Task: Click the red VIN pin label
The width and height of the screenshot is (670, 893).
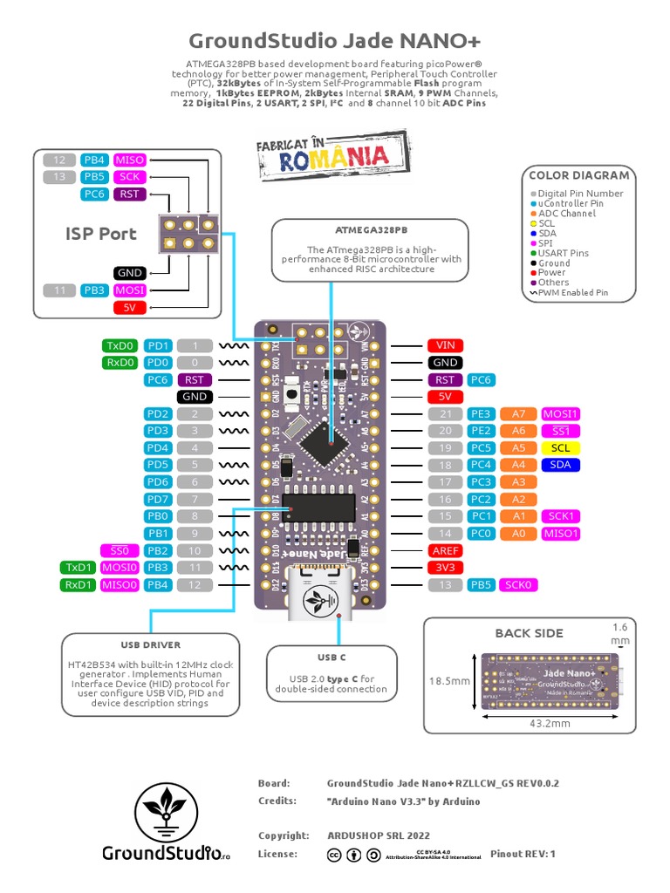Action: coord(444,345)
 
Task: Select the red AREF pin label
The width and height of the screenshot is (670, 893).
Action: coord(444,550)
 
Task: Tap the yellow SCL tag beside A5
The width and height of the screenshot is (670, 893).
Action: coord(560,447)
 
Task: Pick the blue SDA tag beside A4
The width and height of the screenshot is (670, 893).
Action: coord(560,465)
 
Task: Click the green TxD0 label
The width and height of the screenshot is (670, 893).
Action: coord(120,345)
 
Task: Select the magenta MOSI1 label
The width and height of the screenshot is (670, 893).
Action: coord(560,413)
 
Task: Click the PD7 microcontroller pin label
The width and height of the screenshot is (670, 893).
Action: coord(158,499)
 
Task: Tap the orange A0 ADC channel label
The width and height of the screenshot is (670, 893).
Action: coord(518,533)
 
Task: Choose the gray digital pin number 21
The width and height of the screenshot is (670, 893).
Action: coord(445,413)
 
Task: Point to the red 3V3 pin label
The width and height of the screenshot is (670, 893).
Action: coord(444,567)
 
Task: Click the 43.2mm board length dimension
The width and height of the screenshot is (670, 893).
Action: coord(549,723)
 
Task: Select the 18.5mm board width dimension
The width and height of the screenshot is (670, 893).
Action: coord(450,681)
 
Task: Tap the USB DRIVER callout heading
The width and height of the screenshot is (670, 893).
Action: coord(150,645)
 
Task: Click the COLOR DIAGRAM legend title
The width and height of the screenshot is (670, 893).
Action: coord(578,175)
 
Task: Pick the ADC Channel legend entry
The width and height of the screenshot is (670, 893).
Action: coord(566,213)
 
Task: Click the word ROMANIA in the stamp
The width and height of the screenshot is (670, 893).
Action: coord(333,159)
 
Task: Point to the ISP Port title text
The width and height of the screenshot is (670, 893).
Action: coord(100,234)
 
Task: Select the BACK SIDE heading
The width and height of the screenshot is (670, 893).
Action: coord(529,632)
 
